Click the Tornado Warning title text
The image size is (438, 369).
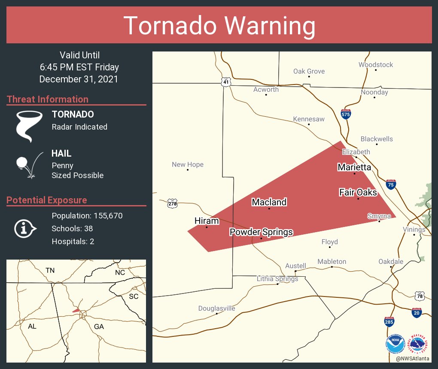[x=219, y=26]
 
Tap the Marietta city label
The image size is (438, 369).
[x=354, y=167]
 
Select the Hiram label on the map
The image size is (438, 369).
[x=207, y=221]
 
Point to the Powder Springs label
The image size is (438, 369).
[x=261, y=232]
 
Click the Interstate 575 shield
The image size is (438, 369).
[x=346, y=114]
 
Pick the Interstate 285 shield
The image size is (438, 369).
[x=389, y=321]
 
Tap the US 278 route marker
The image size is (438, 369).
[x=172, y=204]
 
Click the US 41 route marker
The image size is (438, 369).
[x=226, y=82]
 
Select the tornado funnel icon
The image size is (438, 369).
[x=30, y=126]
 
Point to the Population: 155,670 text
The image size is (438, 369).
[x=87, y=215]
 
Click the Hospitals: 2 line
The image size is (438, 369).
[x=73, y=241]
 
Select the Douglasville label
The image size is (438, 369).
[x=216, y=309]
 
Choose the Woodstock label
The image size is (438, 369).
[x=376, y=65]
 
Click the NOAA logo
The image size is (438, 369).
[x=395, y=345]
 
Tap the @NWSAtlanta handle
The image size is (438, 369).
[x=413, y=358]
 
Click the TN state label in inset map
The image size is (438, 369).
[x=50, y=270]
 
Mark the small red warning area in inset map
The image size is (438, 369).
[x=76, y=310]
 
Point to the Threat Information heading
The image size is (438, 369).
[x=48, y=100]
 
